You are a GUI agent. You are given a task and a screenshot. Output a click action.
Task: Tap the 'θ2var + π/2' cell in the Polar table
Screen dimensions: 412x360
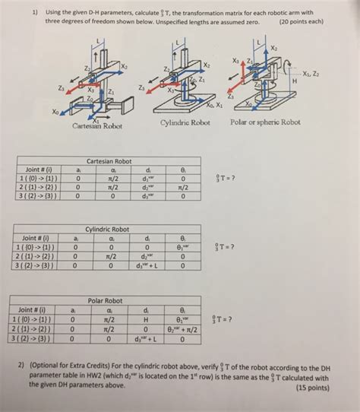182,329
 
